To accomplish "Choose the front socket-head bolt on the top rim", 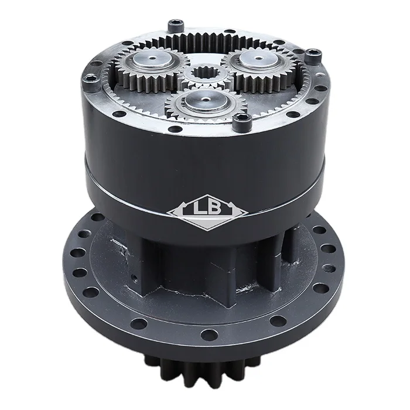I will coord(242,121).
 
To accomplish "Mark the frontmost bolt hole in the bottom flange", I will coord(209,336).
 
